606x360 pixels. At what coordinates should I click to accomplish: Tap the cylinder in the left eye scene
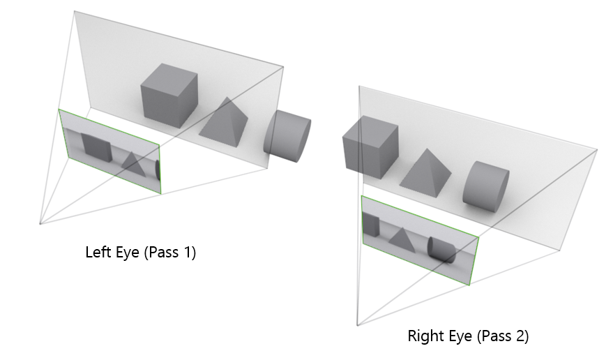pos(286,137)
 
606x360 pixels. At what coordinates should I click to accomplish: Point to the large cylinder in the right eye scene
pos(485,186)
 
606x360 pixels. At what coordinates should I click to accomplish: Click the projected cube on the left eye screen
pos(96,147)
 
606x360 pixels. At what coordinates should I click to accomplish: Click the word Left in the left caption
pos(98,253)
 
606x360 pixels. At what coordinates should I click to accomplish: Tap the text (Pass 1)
pos(169,253)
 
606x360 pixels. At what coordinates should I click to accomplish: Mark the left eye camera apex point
pos(40,224)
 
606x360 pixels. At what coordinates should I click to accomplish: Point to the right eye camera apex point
pos(356,325)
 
